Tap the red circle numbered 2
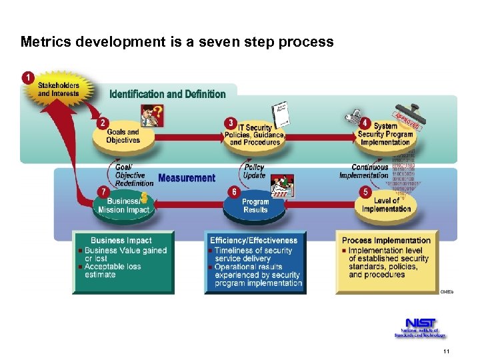coord(103,123)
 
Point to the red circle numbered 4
coord(364,123)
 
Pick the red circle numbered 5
coord(364,192)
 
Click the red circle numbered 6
coord(233,192)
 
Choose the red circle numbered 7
coord(103,192)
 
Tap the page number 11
coord(445,351)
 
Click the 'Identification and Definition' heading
coord(167,94)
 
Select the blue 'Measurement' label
coord(187,178)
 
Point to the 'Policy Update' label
coord(254,171)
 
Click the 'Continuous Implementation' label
coord(365,171)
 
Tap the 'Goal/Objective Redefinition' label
coord(129,175)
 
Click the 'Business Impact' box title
coord(121,240)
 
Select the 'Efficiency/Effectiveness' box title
coord(253,240)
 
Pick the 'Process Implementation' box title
coord(386,240)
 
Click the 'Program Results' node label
coord(255,206)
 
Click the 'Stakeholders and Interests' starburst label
coord(58,89)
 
